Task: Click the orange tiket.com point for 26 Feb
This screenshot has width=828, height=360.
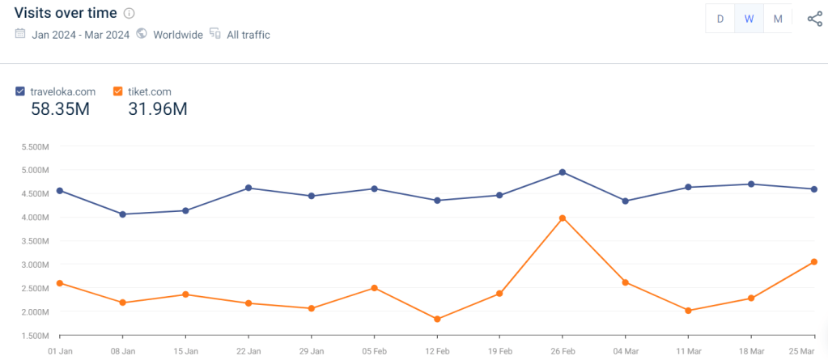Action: (563, 218)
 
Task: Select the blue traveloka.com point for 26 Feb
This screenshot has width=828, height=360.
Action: (563, 172)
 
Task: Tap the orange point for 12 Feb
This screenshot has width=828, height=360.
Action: (437, 320)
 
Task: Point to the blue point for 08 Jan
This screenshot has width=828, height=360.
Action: (122, 214)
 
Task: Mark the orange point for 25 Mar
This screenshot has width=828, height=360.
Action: (814, 261)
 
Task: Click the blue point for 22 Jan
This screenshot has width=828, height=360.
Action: (248, 188)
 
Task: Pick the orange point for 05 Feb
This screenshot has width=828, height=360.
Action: (374, 288)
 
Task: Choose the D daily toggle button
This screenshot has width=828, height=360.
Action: (720, 19)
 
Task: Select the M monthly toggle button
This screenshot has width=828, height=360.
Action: (778, 19)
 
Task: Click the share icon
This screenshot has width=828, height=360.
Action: (814, 19)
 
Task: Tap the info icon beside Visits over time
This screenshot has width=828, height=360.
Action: (130, 14)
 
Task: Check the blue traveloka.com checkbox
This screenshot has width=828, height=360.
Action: (20, 91)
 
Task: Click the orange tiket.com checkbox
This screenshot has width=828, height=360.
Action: (118, 91)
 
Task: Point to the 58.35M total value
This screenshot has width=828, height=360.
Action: (60, 109)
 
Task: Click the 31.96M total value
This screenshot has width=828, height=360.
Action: (157, 109)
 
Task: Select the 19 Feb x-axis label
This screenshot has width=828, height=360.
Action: (500, 352)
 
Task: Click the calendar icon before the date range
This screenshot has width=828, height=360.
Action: (20, 34)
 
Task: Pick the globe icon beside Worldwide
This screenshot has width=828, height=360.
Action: (142, 34)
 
